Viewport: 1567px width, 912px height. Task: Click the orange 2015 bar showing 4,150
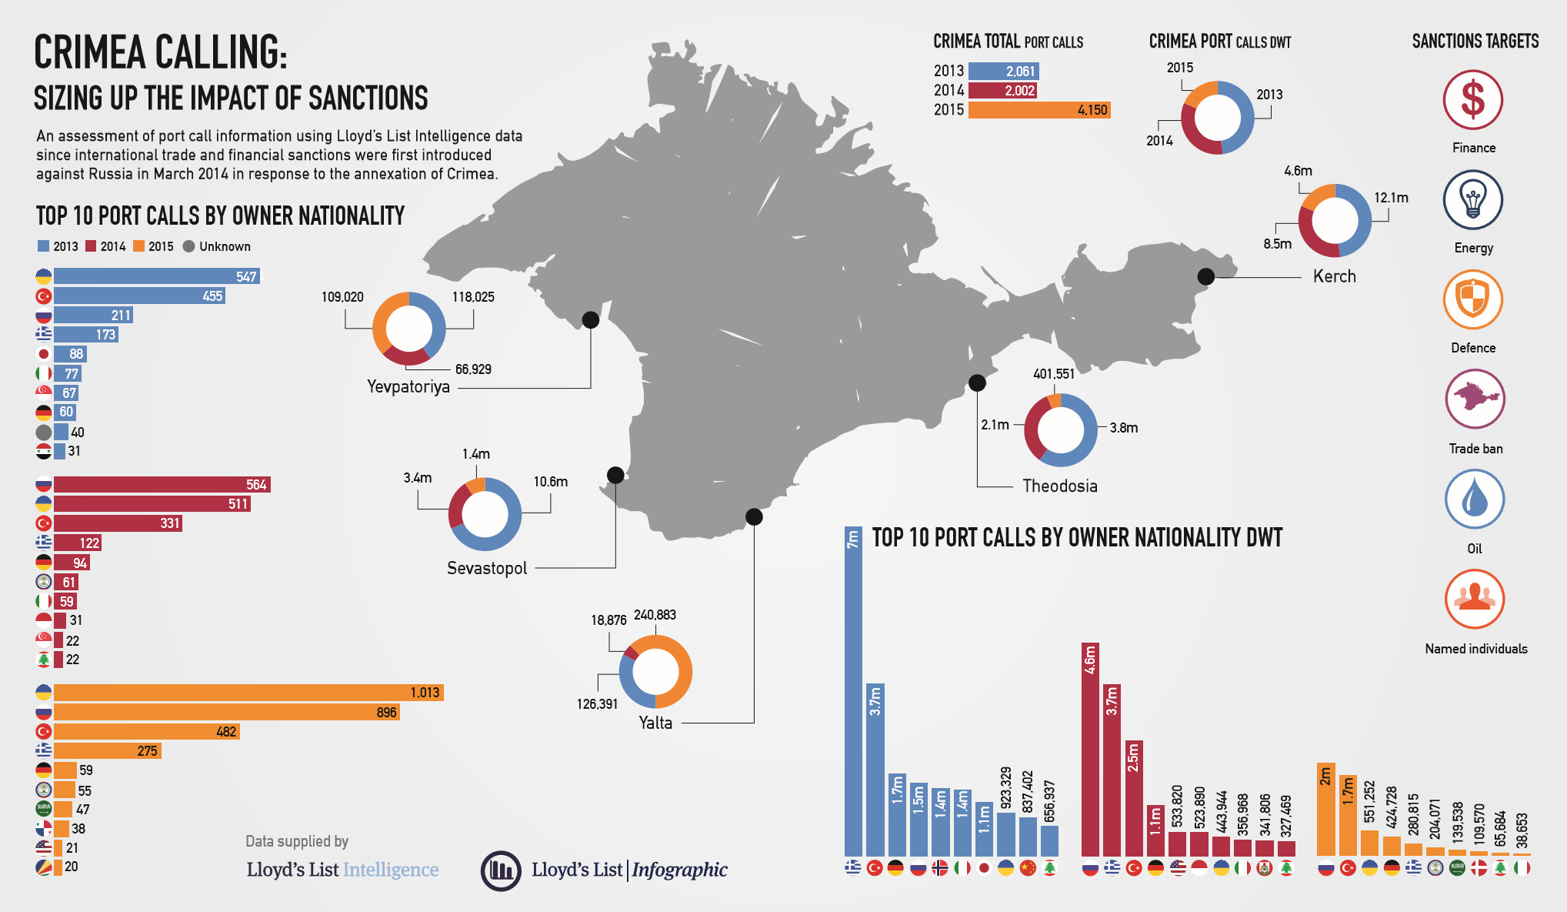click(x=1039, y=110)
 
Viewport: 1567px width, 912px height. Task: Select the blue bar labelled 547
click(x=157, y=276)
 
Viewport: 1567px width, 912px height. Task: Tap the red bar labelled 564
click(x=162, y=484)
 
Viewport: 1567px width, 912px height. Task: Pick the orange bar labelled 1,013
click(x=248, y=693)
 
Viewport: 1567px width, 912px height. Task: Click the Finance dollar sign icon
click(x=1472, y=100)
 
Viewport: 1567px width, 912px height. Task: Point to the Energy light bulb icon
click(x=1472, y=200)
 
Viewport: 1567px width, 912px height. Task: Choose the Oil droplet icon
click(x=1474, y=499)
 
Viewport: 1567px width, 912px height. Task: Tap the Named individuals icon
click(x=1474, y=599)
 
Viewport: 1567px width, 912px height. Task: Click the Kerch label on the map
click(x=1334, y=276)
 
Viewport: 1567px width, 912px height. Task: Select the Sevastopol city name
click(x=487, y=568)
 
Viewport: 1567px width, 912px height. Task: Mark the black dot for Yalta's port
click(x=754, y=516)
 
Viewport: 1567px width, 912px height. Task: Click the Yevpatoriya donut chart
click(x=408, y=329)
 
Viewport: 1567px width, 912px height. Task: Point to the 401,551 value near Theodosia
click(x=1053, y=374)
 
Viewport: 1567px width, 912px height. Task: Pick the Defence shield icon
click(x=1472, y=299)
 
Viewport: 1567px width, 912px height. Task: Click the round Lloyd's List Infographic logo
click(x=501, y=870)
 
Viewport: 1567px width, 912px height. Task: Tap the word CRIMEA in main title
click(x=90, y=52)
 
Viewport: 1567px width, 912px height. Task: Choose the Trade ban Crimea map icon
click(x=1474, y=399)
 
